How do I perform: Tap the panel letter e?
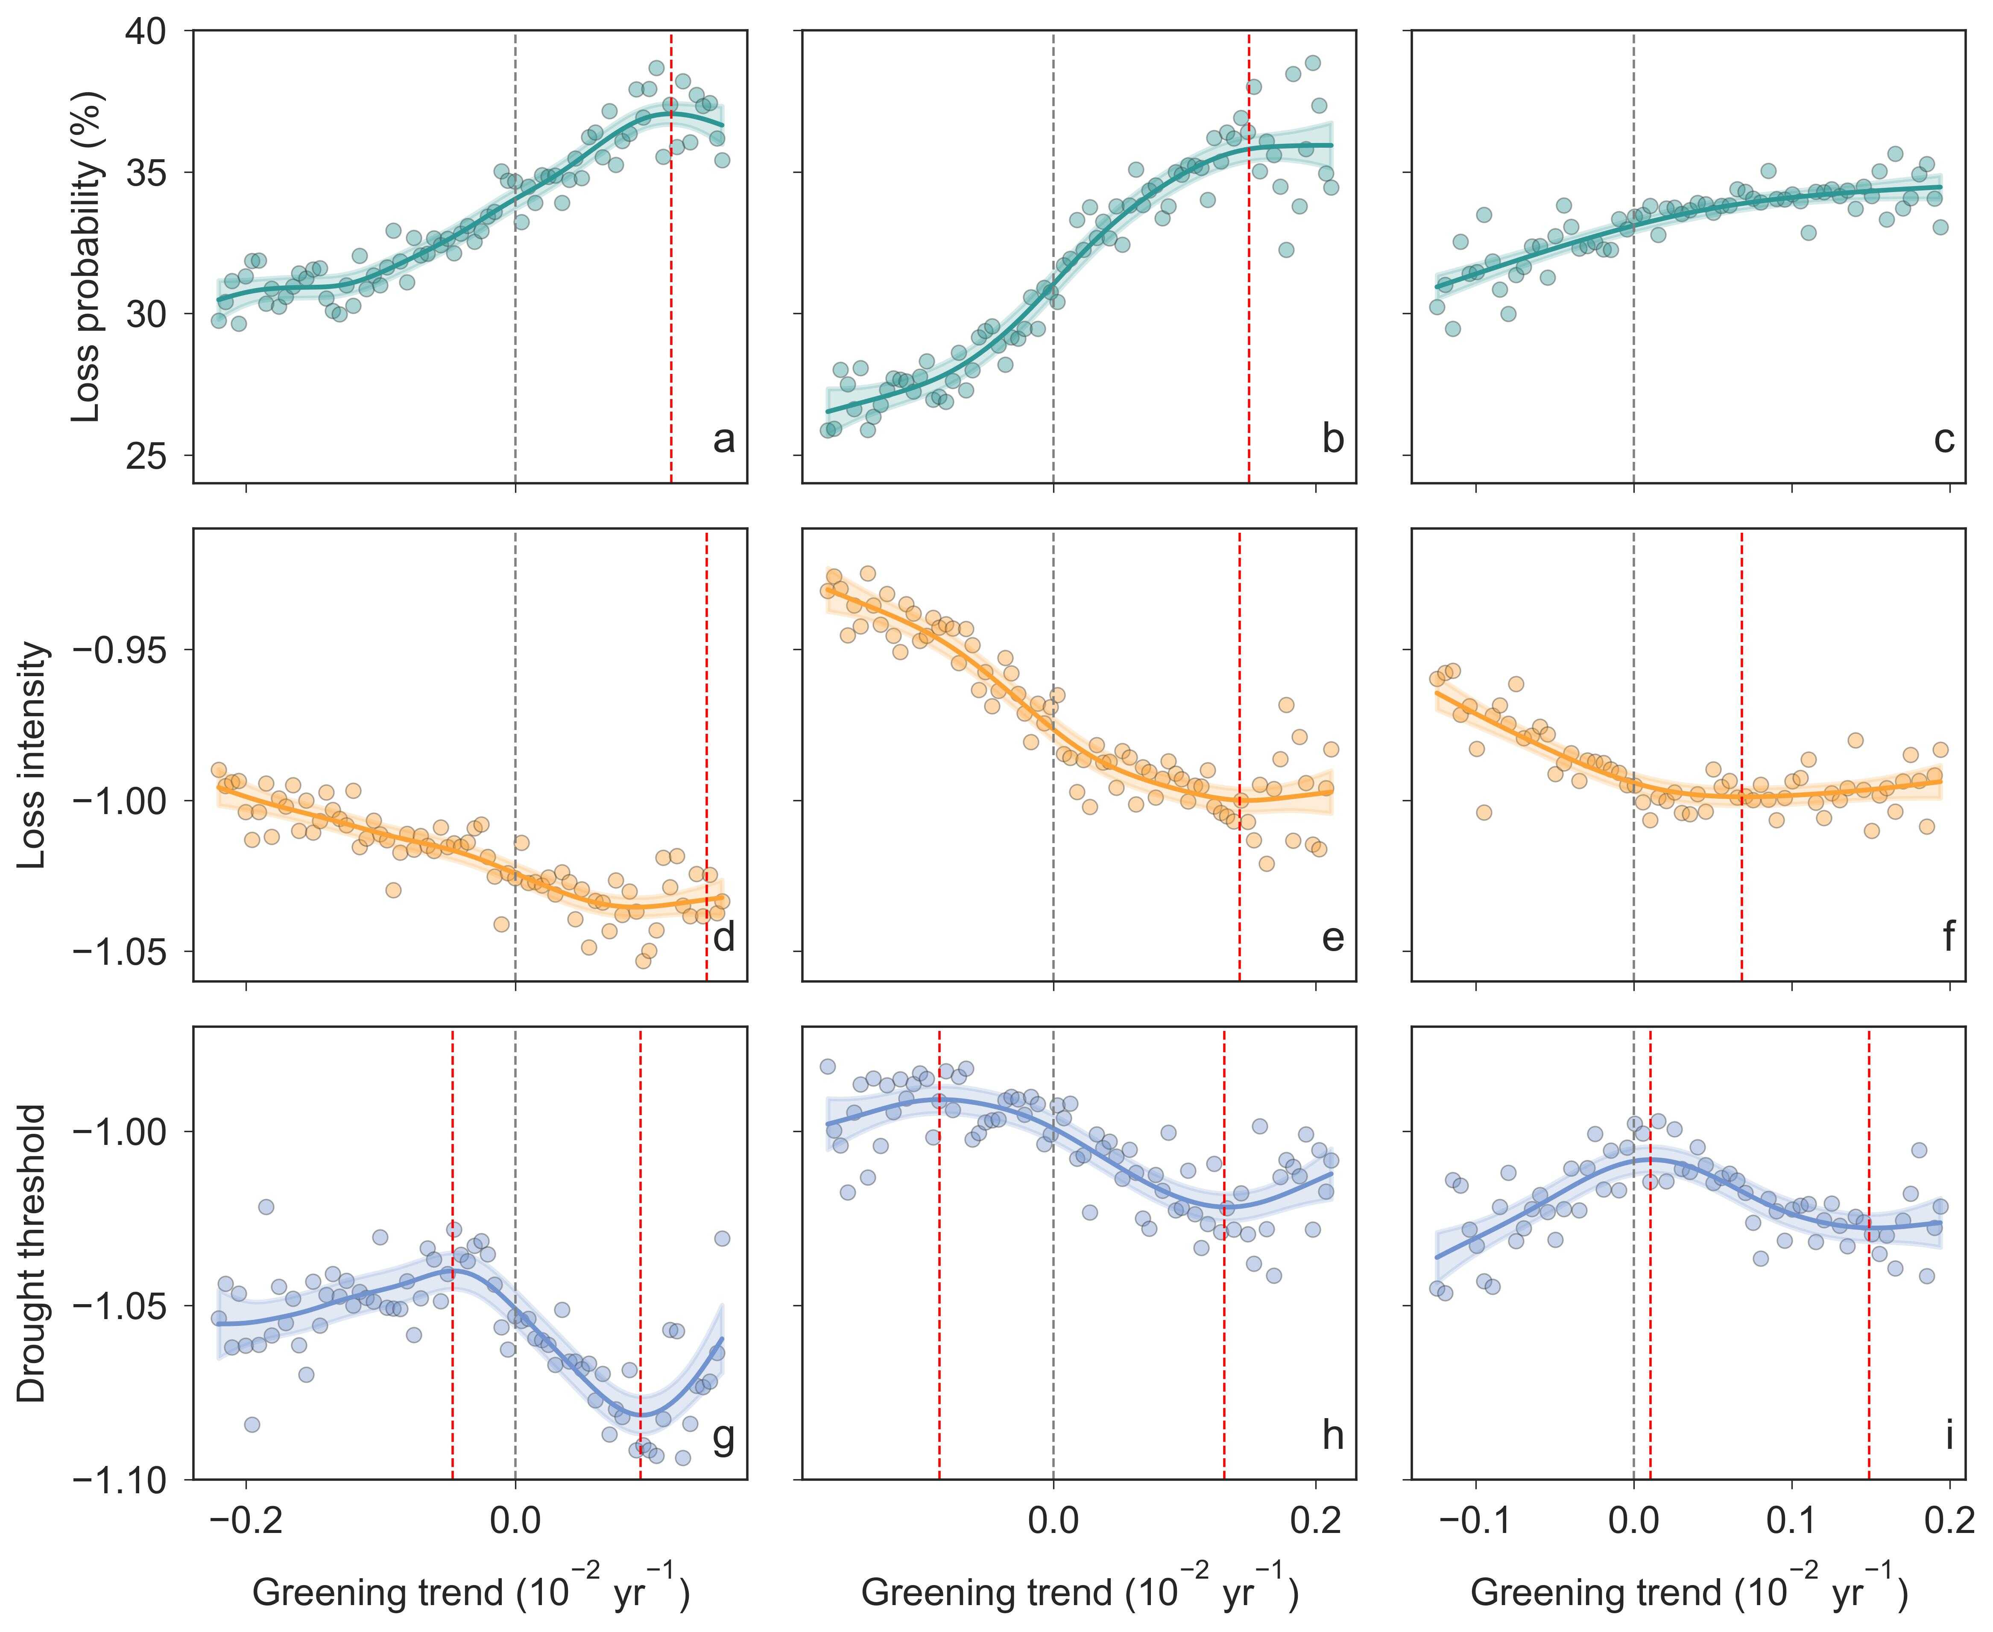click(1332, 937)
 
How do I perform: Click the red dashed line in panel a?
click(670, 254)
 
